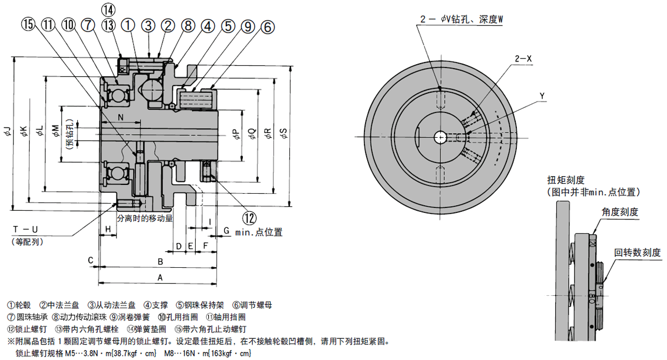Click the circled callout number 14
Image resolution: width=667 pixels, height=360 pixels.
109,9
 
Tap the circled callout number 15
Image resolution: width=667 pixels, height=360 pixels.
28,24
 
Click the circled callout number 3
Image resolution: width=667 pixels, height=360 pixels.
149,24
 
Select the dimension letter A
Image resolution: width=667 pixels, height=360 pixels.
160,278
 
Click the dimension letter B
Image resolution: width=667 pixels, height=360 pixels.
161,261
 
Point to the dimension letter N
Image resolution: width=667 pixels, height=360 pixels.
120,118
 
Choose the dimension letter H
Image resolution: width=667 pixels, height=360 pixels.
108,229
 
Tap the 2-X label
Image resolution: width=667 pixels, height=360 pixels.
523,59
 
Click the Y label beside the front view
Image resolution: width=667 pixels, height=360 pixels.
542,96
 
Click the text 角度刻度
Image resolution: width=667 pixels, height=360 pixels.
619,212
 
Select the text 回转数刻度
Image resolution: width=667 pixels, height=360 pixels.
637,253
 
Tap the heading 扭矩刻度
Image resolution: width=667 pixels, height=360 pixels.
565,180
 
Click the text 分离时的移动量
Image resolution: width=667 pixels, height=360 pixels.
145,218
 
